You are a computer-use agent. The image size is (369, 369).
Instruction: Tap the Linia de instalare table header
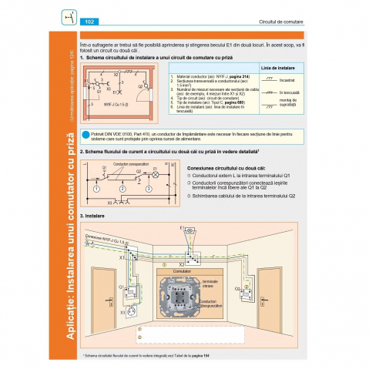pos(275,68)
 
